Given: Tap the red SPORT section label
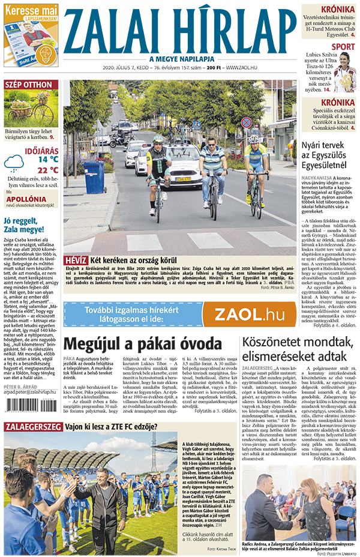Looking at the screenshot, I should tap(343, 46).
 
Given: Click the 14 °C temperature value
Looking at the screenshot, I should tap(49, 160).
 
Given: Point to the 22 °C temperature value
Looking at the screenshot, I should tap(49, 170).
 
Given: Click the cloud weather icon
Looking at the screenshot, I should tap(14, 162).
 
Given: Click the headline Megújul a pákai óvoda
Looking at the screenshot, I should tap(143, 344).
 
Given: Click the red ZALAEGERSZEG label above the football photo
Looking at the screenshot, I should tap(33, 427).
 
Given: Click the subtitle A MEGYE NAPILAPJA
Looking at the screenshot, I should tap(180, 58).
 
